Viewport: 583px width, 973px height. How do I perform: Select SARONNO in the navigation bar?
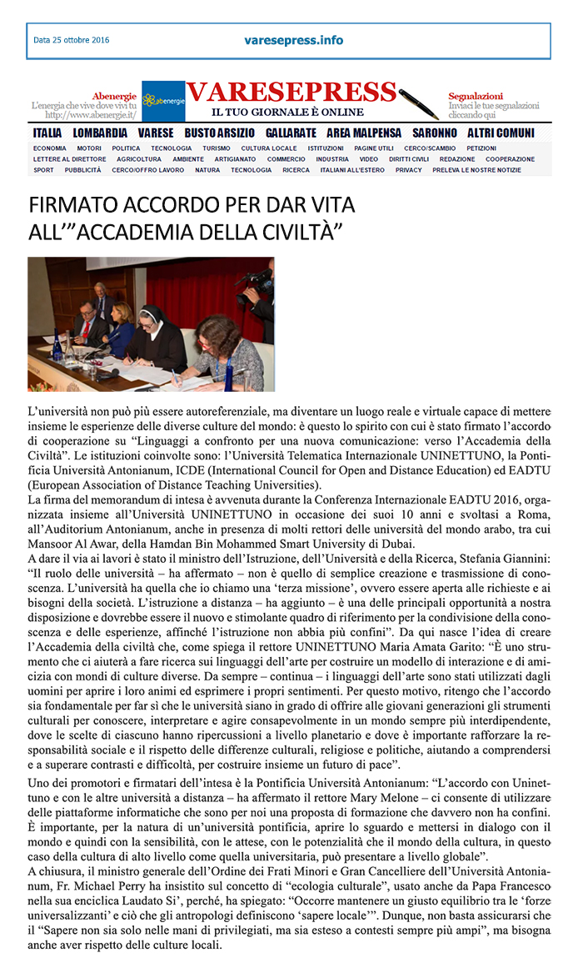coord(434,133)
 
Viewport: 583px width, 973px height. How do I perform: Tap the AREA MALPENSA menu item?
coord(364,133)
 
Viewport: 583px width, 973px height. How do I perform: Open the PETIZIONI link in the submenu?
coord(505,148)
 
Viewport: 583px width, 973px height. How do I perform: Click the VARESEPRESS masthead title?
coord(291,92)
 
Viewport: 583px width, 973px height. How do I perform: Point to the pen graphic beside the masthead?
coord(418,103)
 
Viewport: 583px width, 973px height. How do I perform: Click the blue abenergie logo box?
coord(163,101)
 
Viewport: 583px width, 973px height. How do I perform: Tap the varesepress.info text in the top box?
coord(294,40)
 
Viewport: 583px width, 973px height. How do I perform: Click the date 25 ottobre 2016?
coord(72,40)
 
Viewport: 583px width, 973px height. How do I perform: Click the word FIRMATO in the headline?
coord(70,206)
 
